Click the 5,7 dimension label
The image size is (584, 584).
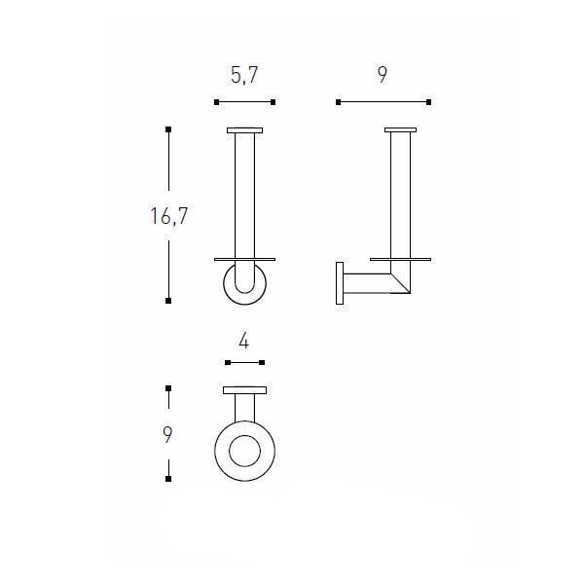(244, 75)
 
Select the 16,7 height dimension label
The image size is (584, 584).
(169, 216)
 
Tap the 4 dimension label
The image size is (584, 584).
(244, 341)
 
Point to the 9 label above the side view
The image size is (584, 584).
(383, 75)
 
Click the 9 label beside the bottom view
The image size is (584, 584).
(167, 434)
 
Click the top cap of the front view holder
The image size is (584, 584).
(244, 130)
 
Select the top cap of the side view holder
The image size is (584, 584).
(400, 130)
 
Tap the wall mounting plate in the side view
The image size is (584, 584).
(340, 283)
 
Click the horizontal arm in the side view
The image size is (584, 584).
(367, 283)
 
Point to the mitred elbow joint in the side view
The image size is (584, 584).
(401, 283)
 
